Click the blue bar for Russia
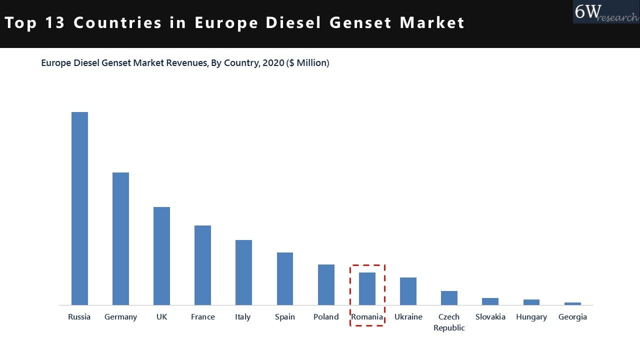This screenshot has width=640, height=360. click(79, 208)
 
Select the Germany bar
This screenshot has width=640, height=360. click(120, 238)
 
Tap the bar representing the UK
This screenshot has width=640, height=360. click(161, 256)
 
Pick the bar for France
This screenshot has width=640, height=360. click(202, 265)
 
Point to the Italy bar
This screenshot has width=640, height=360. click(243, 272)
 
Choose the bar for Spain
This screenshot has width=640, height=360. click(285, 278)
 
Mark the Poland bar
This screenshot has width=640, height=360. click(326, 284)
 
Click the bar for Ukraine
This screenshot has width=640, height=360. click(408, 291)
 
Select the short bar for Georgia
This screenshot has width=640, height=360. click(572, 303)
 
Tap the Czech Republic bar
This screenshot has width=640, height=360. click(449, 298)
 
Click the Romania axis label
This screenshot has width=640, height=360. click(367, 317)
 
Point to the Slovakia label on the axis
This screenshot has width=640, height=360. click(490, 317)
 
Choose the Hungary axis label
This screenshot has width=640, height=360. click(531, 317)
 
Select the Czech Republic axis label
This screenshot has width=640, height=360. click(449, 322)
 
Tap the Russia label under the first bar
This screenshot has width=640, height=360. click(79, 317)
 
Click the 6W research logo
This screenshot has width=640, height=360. click(605, 12)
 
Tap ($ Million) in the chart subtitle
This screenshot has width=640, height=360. click(307, 63)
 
